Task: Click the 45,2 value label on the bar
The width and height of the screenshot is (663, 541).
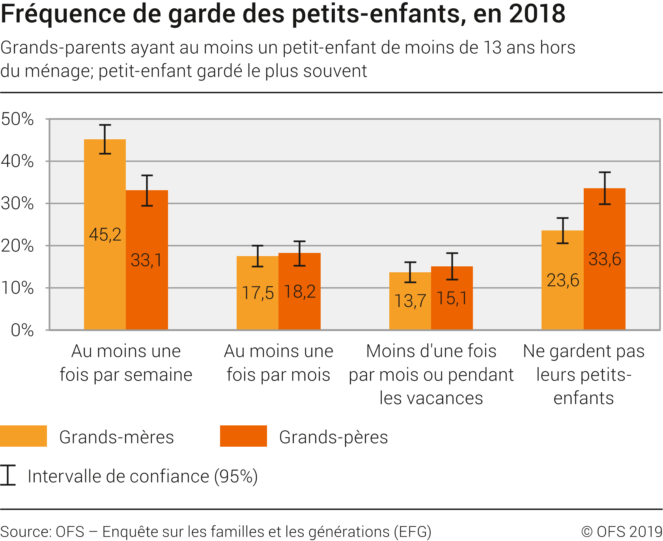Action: click(105, 235)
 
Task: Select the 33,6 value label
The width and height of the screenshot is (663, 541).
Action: click(605, 259)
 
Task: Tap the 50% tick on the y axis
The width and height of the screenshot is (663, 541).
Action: click(18, 119)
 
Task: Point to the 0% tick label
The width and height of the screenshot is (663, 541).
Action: click(22, 330)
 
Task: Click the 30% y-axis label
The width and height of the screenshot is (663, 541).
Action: click(18, 204)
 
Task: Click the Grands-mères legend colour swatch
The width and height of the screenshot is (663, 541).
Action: click(24, 436)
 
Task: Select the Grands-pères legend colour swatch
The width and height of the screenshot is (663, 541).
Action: click(243, 436)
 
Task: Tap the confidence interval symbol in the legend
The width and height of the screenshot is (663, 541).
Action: click(7, 475)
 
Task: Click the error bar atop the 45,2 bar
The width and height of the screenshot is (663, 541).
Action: click(105, 139)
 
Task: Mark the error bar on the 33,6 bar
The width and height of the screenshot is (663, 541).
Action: click(605, 188)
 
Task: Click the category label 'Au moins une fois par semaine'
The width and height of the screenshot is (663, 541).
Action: click(126, 363)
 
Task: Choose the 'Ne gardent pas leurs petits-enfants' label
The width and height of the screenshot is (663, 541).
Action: click(584, 374)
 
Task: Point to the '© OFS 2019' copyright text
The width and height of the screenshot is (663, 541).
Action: click(622, 532)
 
